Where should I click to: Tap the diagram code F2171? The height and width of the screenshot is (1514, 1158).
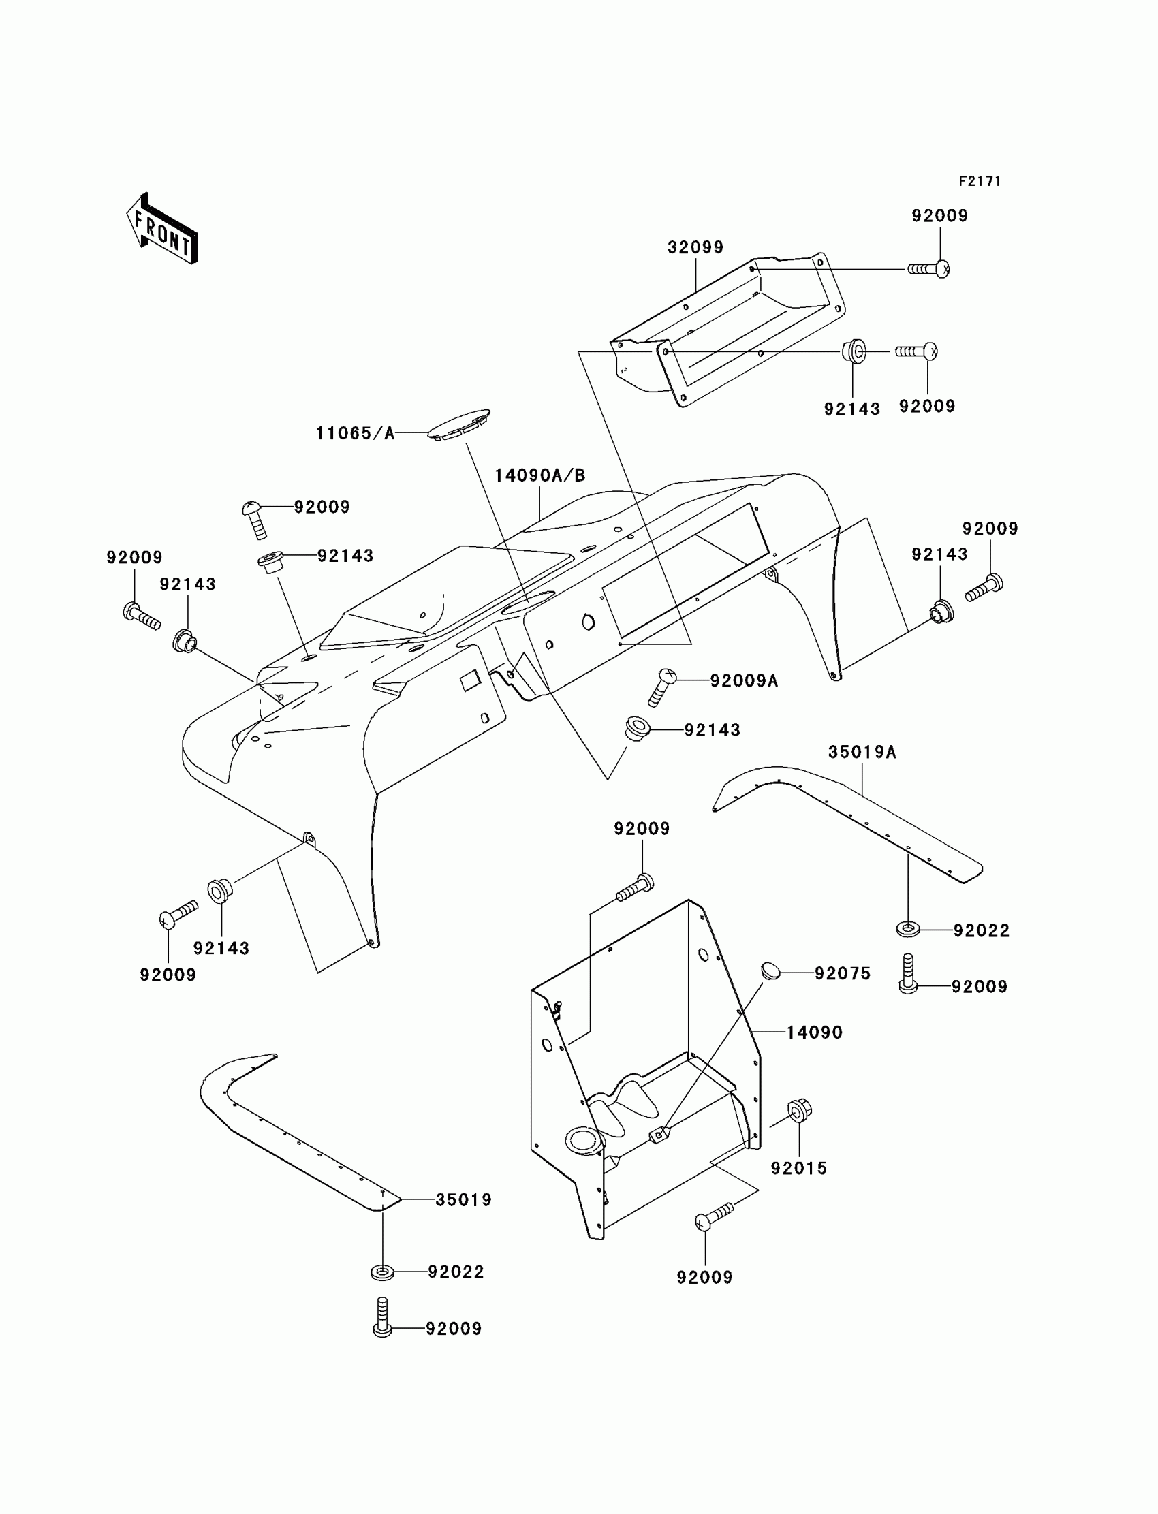click(x=980, y=181)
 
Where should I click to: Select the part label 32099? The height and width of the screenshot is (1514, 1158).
click(x=695, y=247)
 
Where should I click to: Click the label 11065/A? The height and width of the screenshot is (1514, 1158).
click(x=355, y=433)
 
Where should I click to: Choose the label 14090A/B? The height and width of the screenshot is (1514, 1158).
click(x=539, y=475)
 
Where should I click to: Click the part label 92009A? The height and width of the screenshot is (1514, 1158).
click(x=744, y=681)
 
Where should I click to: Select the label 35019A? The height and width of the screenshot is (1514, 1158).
click(x=862, y=752)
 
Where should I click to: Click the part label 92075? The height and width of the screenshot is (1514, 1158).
click(x=843, y=973)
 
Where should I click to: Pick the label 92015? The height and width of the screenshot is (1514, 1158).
click(x=799, y=1168)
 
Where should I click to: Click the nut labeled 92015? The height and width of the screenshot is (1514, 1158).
click(x=799, y=1109)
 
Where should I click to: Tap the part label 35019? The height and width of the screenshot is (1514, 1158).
click(x=463, y=1200)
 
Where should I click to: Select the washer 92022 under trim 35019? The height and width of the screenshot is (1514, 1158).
click(x=383, y=1272)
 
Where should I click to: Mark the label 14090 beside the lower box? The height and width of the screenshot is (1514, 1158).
click(x=814, y=1032)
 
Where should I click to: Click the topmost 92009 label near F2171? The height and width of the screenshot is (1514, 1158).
click(x=939, y=216)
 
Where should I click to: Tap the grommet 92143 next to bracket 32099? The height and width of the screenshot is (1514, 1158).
click(x=854, y=351)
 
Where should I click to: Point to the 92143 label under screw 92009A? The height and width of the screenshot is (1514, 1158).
click(x=712, y=730)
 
